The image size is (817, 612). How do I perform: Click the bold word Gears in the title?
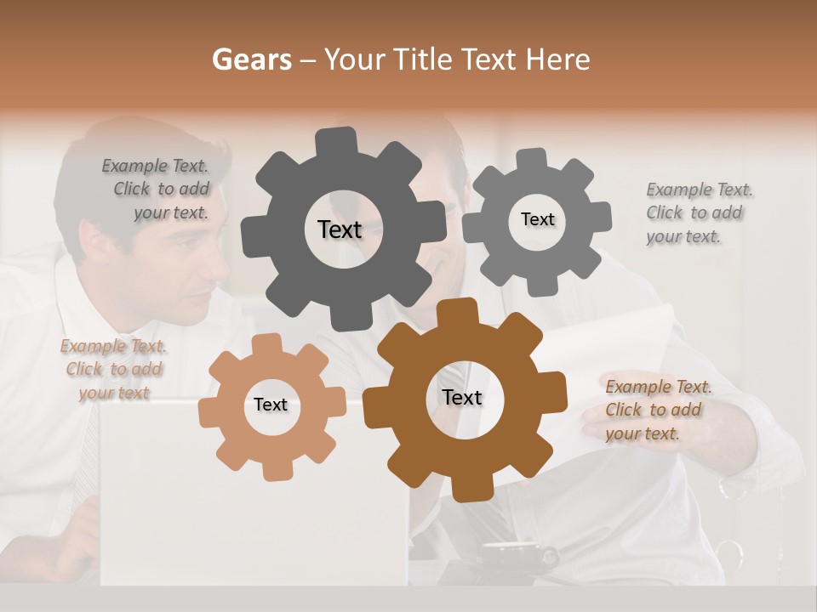(251, 59)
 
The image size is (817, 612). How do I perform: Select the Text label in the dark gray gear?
(340, 229)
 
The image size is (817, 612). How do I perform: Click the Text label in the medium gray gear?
(537, 219)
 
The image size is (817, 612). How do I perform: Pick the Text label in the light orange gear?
(271, 405)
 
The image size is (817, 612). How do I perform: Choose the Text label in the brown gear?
(462, 397)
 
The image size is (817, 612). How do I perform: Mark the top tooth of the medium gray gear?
(531, 160)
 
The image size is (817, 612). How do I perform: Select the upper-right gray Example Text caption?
(697, 212)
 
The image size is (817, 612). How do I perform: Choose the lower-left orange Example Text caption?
(114, 369)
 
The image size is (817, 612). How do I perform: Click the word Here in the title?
(558, 59)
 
